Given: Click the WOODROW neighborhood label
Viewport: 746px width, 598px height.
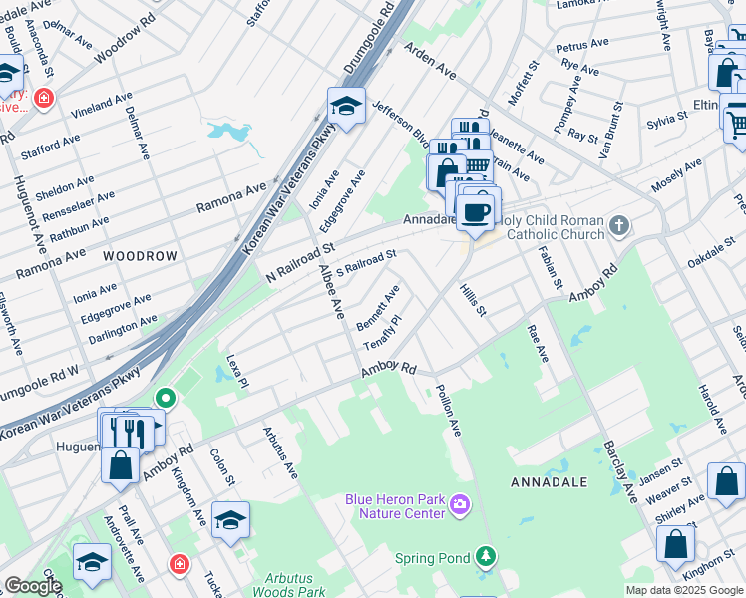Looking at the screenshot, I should [140, 256].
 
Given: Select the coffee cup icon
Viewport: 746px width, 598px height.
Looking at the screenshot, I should [477, 212].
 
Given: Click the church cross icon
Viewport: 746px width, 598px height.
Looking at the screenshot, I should [619, 225].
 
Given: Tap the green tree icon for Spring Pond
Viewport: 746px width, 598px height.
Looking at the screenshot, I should [485, 556].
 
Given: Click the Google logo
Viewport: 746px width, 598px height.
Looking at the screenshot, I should [33, 586].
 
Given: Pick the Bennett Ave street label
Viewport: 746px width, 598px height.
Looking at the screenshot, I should [378, 308].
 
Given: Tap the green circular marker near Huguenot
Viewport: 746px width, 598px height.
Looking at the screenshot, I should [167, 400].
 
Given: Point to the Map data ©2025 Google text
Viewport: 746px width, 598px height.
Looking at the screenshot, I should [683, 590].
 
